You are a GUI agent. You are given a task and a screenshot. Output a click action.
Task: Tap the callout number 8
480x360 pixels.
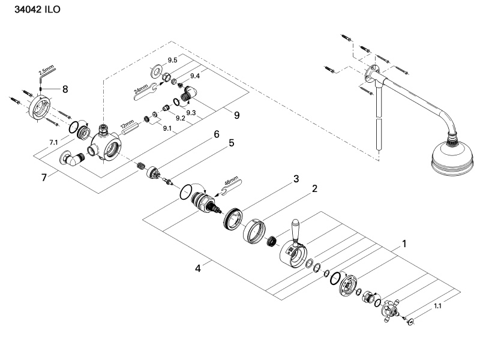point(65,89)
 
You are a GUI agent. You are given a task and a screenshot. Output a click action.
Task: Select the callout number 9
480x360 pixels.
point(237,115)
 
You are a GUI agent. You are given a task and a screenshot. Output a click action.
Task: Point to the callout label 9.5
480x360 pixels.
point(173,61)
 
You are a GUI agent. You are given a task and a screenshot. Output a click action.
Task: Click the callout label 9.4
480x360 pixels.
point(195,76)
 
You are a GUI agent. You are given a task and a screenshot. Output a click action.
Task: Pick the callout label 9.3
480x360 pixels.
point(191,112)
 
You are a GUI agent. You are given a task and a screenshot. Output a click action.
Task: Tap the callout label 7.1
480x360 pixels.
point(53,142)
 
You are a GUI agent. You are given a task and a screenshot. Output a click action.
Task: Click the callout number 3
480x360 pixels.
point(296,179)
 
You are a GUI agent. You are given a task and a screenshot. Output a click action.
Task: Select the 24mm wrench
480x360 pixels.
point(143,91)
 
